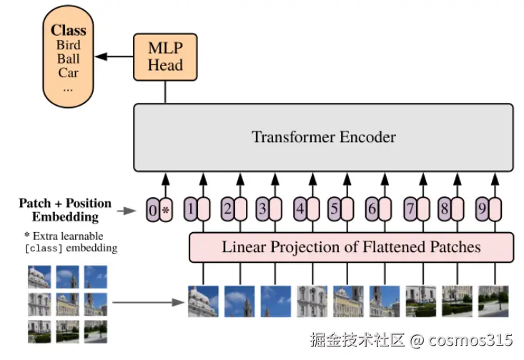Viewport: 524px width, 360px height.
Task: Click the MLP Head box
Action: pos(165,57)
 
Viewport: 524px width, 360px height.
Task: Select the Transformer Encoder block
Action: pos(323,136)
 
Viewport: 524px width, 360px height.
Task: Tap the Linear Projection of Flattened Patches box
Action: pos(351,247)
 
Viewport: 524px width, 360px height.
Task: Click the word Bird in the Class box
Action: pos(69,44)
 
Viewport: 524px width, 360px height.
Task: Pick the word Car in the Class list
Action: pos(69,73)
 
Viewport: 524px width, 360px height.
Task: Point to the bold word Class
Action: pos(69,31)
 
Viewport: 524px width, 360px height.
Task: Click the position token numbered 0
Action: pos(152,210)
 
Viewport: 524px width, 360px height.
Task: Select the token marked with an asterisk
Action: pos(166,210)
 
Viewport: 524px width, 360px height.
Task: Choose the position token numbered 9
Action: pos(483,210)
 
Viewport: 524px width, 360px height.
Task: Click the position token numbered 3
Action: pos(262,210)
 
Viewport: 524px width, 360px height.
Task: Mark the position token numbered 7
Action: pos(410,210)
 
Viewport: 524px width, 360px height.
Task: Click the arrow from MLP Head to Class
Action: pos(114,56)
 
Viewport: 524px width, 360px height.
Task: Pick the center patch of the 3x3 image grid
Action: pos(68,304)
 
